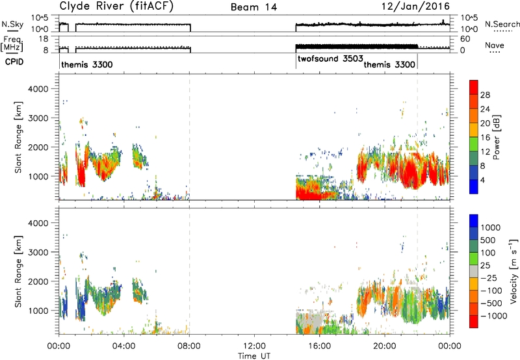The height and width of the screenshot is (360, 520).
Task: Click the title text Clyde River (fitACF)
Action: (116, 6)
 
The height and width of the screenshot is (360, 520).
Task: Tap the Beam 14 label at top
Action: (253, 7)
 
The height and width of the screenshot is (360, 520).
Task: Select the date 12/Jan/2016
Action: (415, 6)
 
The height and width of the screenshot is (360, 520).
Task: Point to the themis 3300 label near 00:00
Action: (87, 64)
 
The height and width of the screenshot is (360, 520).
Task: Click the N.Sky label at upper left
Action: (12, 24)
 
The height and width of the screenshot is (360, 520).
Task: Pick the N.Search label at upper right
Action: (502, 24)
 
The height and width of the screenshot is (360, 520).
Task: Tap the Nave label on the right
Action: (495, 45)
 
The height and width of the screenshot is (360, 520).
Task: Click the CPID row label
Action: (14, 62)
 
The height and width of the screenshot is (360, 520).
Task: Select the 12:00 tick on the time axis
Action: (254, 346)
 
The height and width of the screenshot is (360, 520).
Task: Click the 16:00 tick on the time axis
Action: (319, 346)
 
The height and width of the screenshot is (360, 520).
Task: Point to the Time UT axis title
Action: (254, 356)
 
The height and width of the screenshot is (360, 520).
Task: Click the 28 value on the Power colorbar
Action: (485, 95)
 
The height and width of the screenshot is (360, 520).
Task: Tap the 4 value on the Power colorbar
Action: (483, 180)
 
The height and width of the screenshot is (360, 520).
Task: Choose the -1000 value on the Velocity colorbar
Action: (494, 316)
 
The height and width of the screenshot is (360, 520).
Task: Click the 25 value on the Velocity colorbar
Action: (485, 266)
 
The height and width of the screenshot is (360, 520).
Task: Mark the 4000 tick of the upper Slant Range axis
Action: (38, 89)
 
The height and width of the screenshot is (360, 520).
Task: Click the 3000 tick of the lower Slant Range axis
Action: (38, 252)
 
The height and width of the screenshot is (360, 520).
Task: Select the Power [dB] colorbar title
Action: (497, 137)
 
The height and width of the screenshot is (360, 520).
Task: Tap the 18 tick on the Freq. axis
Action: (44, 39)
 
